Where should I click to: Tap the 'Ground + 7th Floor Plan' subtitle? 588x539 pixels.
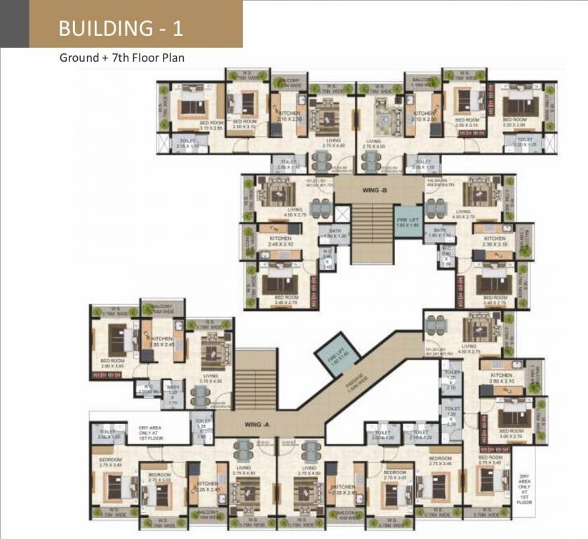click(x=121, y=58)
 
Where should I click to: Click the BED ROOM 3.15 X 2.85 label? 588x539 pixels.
click(x=191, y=126)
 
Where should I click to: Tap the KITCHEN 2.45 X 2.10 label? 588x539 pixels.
click(x=281, y=241)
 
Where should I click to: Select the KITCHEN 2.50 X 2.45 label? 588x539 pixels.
click(x=162, y=341)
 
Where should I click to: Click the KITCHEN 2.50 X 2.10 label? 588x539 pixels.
click(x=502, y=378)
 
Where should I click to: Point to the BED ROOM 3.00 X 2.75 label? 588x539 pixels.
click(x=512, y=434)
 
